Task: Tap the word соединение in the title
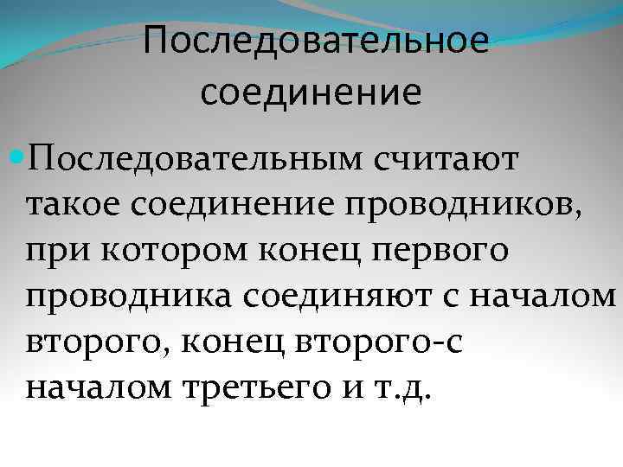tap(312, 93)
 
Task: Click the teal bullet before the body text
tap(16, 158)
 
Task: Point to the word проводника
tap(127, 297)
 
